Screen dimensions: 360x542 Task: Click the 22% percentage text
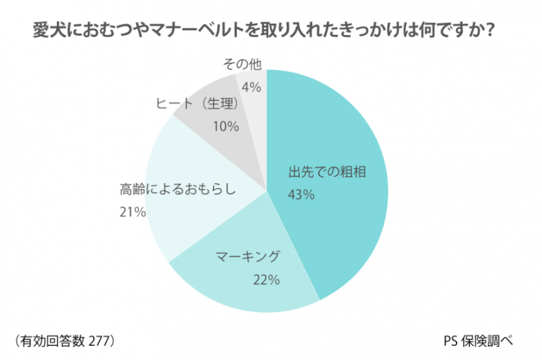point(267,280)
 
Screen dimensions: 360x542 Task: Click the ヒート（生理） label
point(199,103)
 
